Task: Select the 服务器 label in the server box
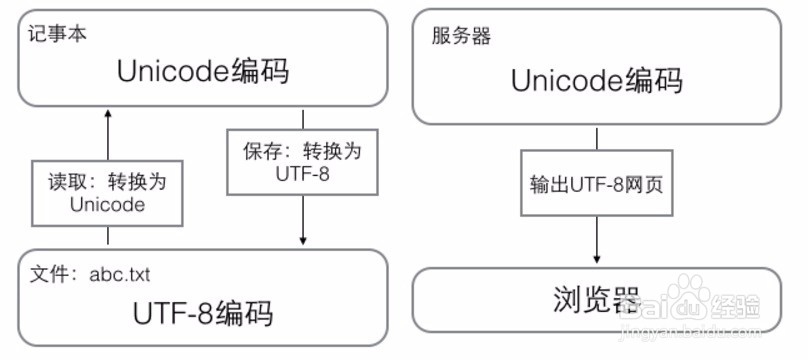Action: click(461, 38)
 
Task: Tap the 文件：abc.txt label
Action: click(90, 274)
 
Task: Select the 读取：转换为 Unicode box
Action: click(108, 191)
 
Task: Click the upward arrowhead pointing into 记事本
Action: click(108, 113)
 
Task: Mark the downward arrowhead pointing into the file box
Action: click(302, 240)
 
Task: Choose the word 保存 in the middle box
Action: click(257, 151)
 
